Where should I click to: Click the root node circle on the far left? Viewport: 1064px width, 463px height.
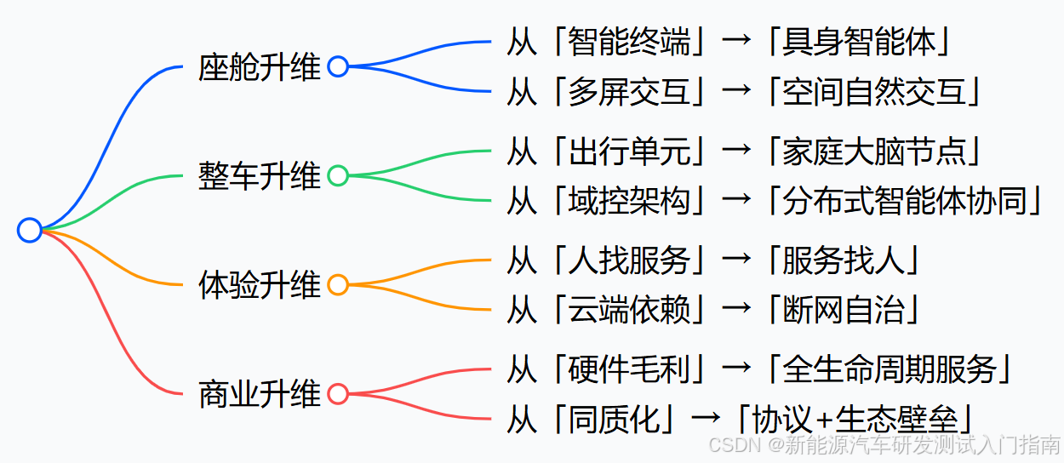30,230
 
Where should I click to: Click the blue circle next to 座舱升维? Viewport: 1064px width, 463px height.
338,66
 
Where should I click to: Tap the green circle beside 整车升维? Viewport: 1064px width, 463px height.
338,176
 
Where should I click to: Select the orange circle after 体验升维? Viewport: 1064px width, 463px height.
338,285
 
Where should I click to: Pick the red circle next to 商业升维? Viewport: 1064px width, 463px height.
338,394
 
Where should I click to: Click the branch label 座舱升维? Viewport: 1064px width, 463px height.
259,67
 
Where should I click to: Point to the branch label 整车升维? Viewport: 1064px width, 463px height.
259,176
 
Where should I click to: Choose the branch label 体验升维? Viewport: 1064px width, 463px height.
259,285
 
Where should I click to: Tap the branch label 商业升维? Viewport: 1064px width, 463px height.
259,394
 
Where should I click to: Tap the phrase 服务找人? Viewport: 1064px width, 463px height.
843,260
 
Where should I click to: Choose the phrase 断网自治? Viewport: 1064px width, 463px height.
843,310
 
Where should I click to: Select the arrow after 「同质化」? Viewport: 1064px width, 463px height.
706,419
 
